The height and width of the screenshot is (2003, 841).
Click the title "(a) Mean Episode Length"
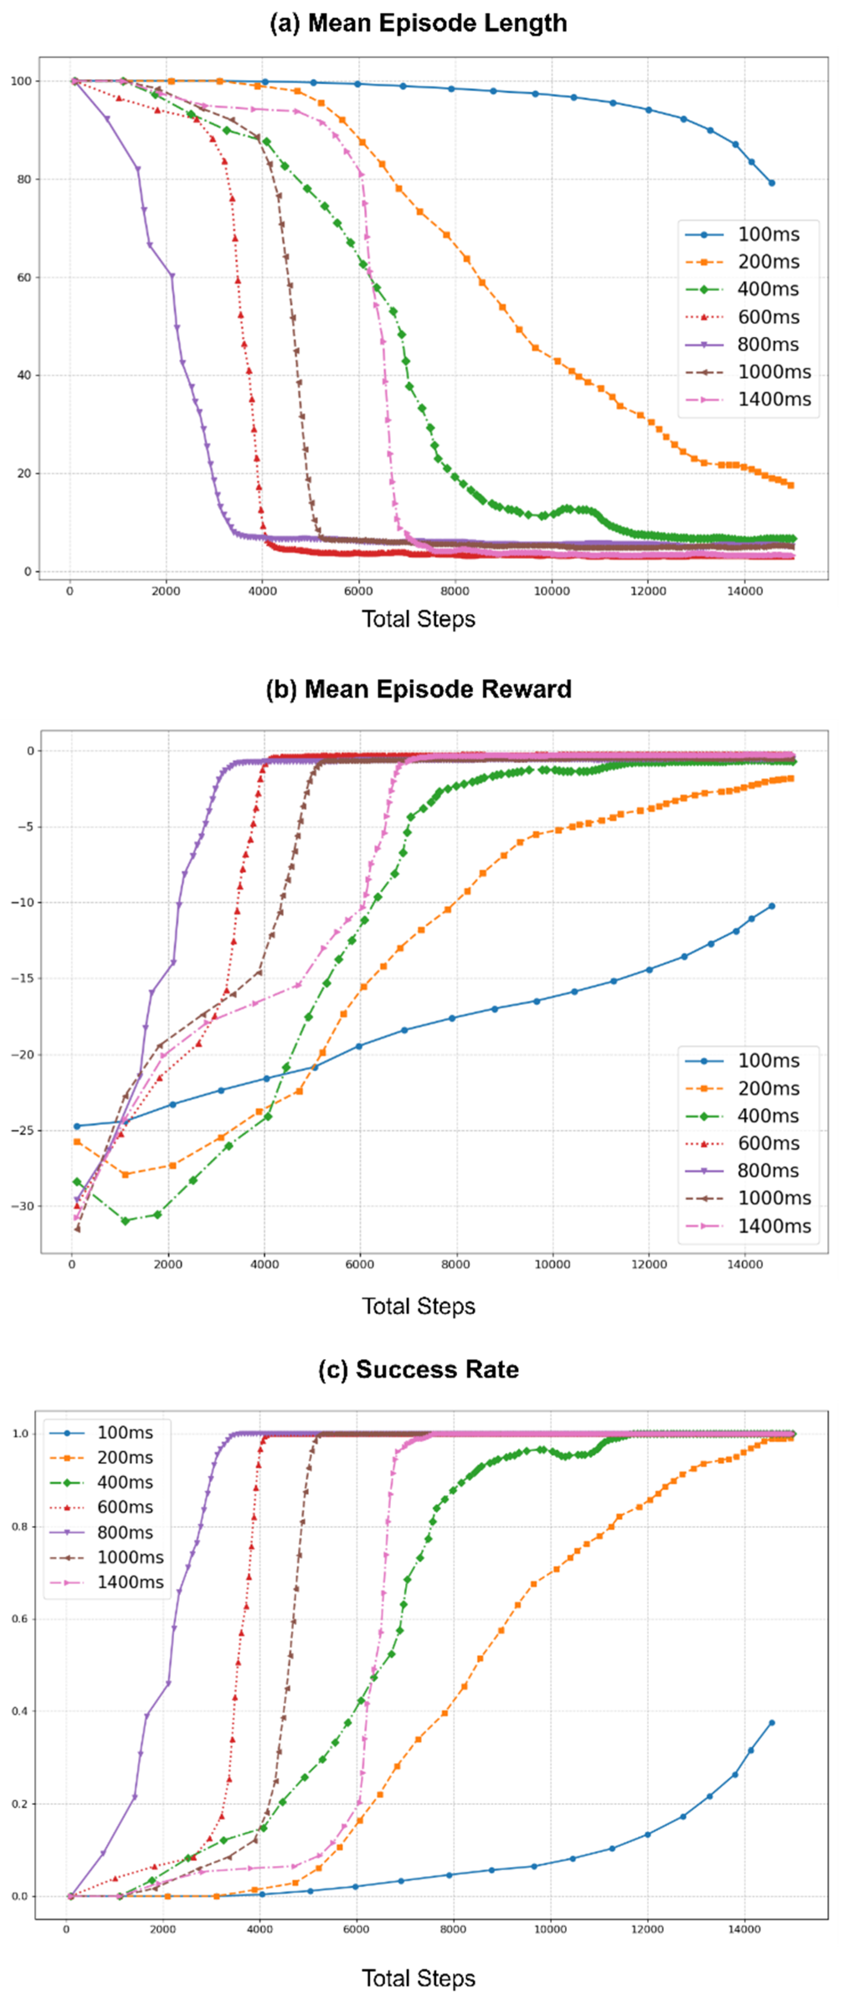pyautogui.click(x=418, y=23)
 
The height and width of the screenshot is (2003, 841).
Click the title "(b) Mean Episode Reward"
pyautogui.click(x=418, y=689)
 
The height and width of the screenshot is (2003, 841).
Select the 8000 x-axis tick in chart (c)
pyautogui.click(x=453, y=1929)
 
